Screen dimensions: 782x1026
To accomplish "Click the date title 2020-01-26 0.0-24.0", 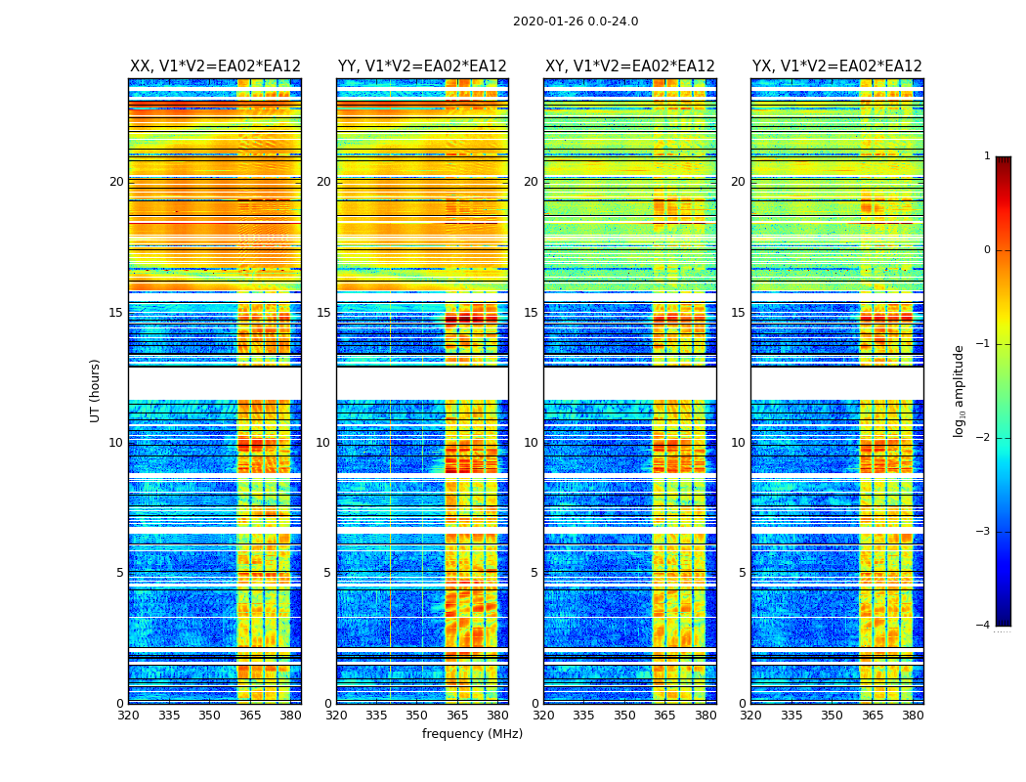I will [576, 22].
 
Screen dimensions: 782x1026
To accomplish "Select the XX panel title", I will [215, 66].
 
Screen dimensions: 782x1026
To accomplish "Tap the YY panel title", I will [422, 66].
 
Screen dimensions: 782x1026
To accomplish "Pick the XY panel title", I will [630, 66].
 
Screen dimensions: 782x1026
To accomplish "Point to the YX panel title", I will [837, 66].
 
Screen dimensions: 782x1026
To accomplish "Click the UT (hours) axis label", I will [96, 390].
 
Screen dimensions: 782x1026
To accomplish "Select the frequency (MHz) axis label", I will [472, 734].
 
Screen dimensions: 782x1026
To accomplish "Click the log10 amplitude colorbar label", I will [960, 390].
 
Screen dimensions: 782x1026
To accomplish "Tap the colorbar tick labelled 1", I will [987, 156].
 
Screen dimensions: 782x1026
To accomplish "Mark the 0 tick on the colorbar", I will [987, 250].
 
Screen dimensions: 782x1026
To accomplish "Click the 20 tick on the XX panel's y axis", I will [116, 182].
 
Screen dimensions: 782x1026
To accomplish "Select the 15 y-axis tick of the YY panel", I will [323, 313].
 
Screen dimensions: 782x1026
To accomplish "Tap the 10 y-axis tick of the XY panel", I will [531, 443].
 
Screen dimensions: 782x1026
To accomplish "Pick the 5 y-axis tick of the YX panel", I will [742, 573].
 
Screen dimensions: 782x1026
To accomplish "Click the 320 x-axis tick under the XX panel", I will [128, 716].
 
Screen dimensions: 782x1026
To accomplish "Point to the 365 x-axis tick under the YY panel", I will [457, 716].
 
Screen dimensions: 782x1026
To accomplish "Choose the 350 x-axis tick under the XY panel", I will [624, 716].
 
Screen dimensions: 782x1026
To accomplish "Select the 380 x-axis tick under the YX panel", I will [913, 716].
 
